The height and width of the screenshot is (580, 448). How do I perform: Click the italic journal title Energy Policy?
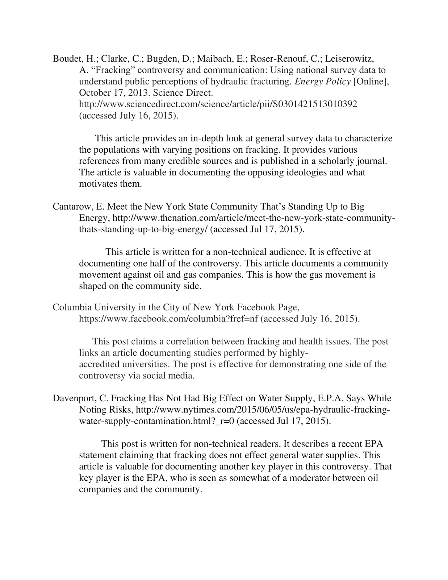[x=322, y=82]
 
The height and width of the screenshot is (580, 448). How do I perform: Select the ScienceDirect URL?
[x=218, y=104]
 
